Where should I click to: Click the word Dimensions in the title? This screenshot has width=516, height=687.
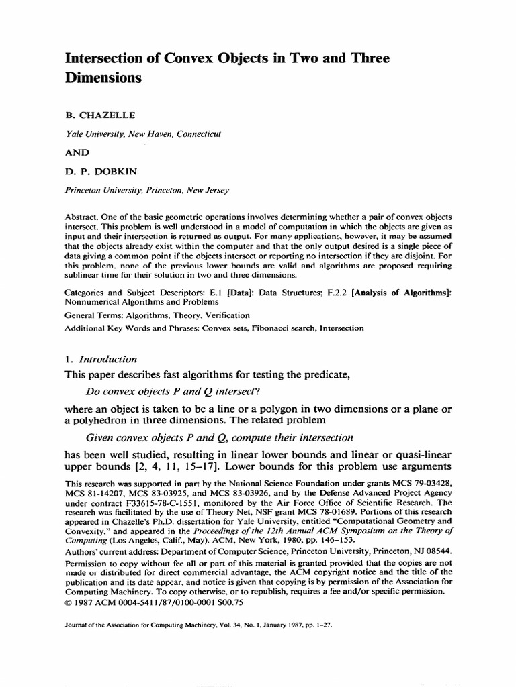pos(103,77)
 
